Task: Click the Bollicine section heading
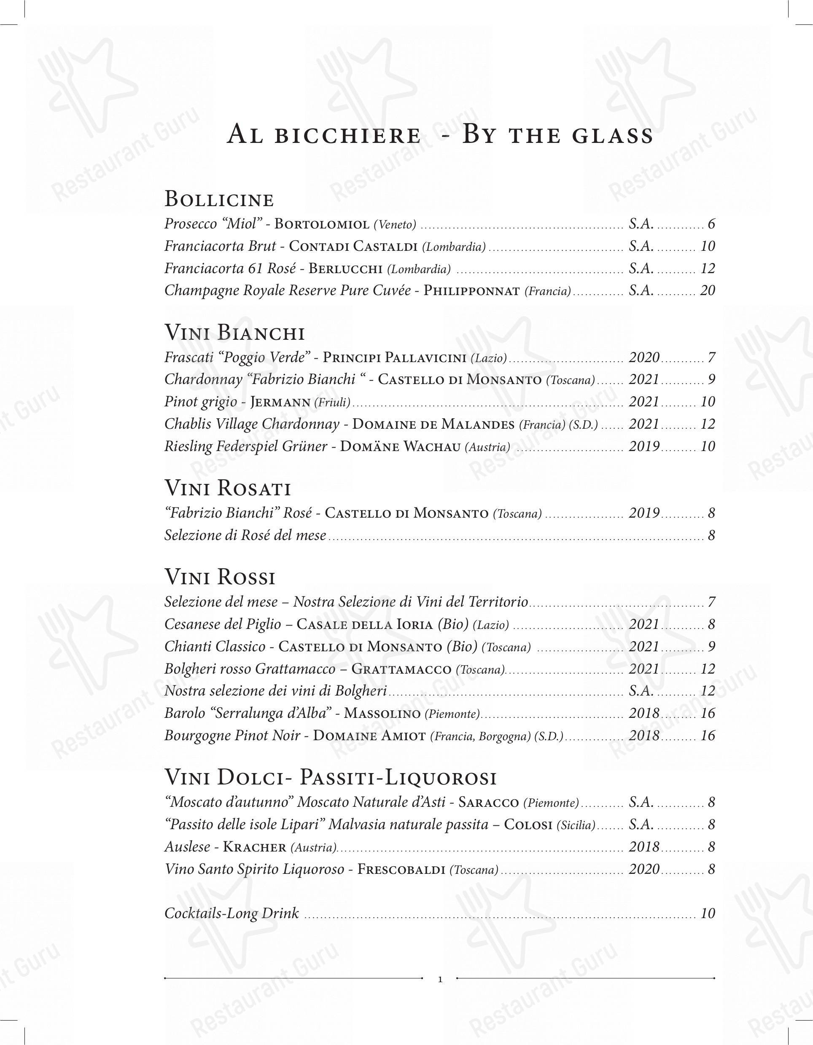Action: pyautogui.click(x=219, y=199)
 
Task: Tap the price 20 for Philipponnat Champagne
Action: pyautogui.click(x=707, y=290)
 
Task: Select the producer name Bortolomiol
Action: pyautogui.click(x=322, y=224)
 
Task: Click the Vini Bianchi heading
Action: pyautogui.click(x=234, y=333)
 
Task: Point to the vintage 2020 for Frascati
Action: pyautogui.click(x=644, y=357)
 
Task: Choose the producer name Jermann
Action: pyautogui.click(x=280, y=402)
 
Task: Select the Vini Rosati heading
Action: pyautogui.click(x=228, y=489)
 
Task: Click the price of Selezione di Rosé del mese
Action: pyautogui.click(x=711, y=535)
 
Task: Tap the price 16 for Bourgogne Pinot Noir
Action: pyautogui.click(x=707, y=736)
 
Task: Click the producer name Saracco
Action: pyautogui.click(x=488, y=803)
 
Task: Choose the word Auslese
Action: pyautogui.click(x=187, y=847)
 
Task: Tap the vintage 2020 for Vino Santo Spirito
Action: pyautogui.click(x=644, y=869)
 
